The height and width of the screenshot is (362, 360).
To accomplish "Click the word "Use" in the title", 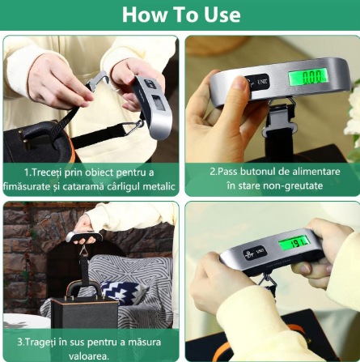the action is (222, 15).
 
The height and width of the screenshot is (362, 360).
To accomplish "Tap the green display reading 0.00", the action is (308, 76).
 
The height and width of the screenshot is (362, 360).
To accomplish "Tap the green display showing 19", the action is (294, 244).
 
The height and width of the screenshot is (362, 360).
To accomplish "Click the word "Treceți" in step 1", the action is (42, 172).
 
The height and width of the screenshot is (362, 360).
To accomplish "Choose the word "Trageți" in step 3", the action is (36, 343).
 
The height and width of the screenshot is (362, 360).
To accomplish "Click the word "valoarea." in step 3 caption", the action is (89, 356).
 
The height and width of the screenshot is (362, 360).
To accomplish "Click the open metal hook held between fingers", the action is (96, 81).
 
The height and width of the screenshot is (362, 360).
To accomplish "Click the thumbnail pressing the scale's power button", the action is (239, 83).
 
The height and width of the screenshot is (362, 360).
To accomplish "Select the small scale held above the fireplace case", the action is (84, 237).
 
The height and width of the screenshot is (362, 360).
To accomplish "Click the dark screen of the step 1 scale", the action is (159, 103).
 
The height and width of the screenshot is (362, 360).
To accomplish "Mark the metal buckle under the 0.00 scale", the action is (280, 118).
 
